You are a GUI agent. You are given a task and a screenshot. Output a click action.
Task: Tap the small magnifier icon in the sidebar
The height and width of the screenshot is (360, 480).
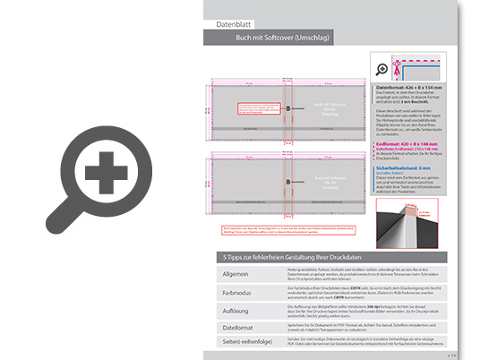pos(382,67)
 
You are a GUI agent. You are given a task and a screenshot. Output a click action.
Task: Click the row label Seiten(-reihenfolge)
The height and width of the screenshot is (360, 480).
pos(244,345)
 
